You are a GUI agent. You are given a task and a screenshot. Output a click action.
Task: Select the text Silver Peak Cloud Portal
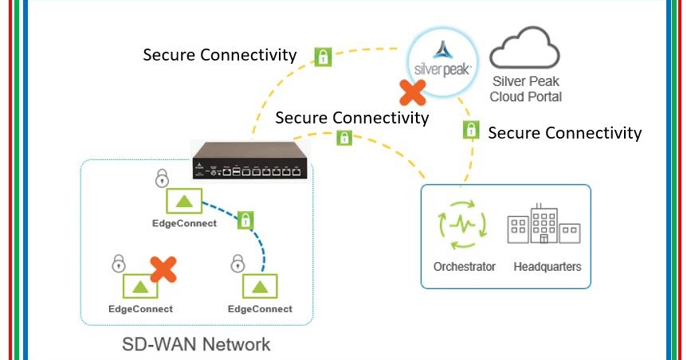pyautogui.click(x=527, y=88)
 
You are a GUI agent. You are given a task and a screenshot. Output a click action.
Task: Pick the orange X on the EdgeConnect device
pyautogui.click(x=163, y=269)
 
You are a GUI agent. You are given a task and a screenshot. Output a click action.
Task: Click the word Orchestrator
pyautogui.click(x=464, y=267)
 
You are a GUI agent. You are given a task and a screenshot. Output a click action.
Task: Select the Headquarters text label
pyautogui.click(x=548, y=267)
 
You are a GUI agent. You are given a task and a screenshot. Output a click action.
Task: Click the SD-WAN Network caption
pyautogui.click(x=196, y=345)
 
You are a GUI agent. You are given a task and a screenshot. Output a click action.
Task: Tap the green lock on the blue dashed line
pyautogui.click(x=245, y=221)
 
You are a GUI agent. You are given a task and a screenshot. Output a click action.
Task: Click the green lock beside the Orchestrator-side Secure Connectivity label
pyautogui.click(x=472, y=130)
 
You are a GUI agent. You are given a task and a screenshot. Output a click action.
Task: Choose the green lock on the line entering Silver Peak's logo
pyautogui.click(x=323, y=57)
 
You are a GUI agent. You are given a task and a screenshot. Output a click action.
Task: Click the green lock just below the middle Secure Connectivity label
pyautogui.click(x=344, y=138)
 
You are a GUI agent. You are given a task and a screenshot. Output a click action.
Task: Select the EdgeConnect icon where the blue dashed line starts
pyautogui.click(x=184, y=202)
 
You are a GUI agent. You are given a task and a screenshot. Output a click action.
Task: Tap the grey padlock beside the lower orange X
pyautogui.click(x=118, y=262)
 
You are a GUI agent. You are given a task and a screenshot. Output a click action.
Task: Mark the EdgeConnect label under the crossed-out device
pyautogui.click(x=140, y=309)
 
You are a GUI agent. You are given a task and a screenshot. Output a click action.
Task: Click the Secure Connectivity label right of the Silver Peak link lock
pyautogui.click(x=564, y=133)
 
